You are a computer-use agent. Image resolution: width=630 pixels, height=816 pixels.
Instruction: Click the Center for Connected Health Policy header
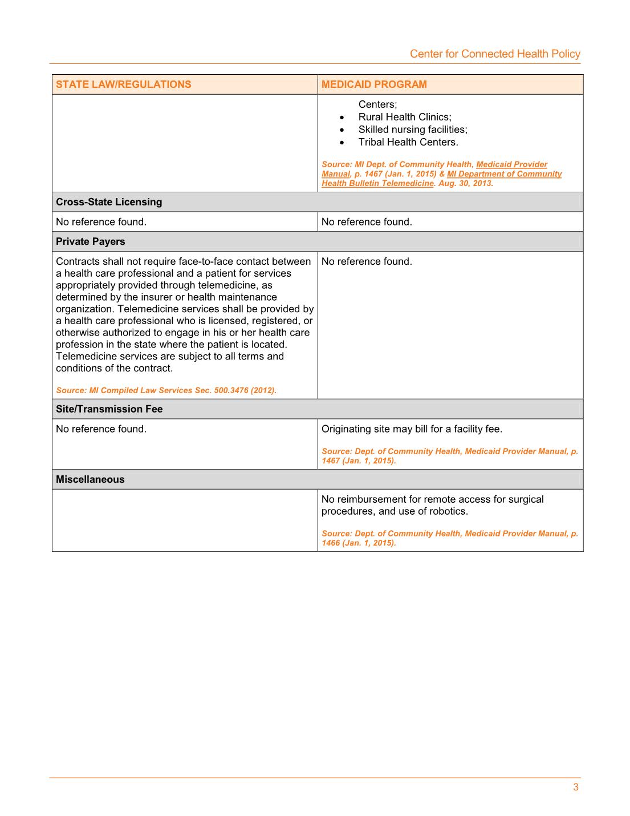click(x=494, y=54)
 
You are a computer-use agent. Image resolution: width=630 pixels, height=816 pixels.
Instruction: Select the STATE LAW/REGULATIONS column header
click(x=123, y=84)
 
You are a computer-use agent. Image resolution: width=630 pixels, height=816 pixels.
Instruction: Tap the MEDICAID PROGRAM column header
click(x=373, y=84)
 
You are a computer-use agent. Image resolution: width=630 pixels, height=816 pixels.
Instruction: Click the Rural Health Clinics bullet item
click(x=404, y=117)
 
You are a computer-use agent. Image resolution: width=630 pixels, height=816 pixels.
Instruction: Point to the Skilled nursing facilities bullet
click(x=412, y=130)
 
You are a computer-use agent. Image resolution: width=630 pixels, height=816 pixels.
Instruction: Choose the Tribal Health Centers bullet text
click(x=408, y=142)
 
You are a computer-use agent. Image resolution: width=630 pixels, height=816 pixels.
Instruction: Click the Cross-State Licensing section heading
click(x=108, y=202)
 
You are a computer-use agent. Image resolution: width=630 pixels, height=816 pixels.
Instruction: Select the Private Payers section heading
click(x=90, y=241)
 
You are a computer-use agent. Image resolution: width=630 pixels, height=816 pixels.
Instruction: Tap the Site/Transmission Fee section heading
click(x=109, y=409)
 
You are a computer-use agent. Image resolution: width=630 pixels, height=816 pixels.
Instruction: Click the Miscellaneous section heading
click(x=90, y=479)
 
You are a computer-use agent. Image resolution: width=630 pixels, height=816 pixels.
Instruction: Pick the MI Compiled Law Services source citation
click(x=166, y=390)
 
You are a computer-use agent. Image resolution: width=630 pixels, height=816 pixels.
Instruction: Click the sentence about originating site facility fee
click(x=412, y=429)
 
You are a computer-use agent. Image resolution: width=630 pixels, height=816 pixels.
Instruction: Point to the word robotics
click(x=447, y=511)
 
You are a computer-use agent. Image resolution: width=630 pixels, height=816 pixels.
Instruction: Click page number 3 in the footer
click(x=575, y=787)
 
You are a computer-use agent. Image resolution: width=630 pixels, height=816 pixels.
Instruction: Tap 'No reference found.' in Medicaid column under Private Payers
click(x=366, y=261)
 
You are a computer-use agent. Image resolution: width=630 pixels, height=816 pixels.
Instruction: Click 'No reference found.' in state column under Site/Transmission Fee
click(x=101, y=429)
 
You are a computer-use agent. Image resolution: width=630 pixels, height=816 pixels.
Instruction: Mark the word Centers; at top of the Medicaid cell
click(x=377, y=104)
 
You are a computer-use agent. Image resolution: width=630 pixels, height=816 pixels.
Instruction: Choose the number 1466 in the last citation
click(x=331, y=543)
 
